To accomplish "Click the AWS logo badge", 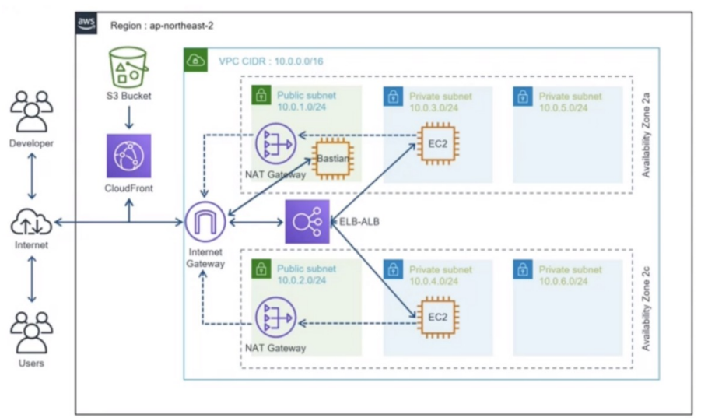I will point(86,23).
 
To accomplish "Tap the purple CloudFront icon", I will point(129,155).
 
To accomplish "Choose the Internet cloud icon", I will point(31,224).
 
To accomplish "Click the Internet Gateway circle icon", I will point(205,223).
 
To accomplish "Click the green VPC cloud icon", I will point(195,59).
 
